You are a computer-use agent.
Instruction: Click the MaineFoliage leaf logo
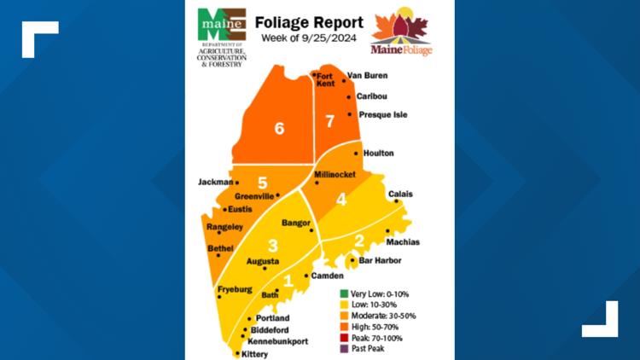(x=400, y=33)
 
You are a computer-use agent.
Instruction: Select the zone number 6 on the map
(x=278, y=129)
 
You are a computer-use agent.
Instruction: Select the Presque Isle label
(x=379, y=113)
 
